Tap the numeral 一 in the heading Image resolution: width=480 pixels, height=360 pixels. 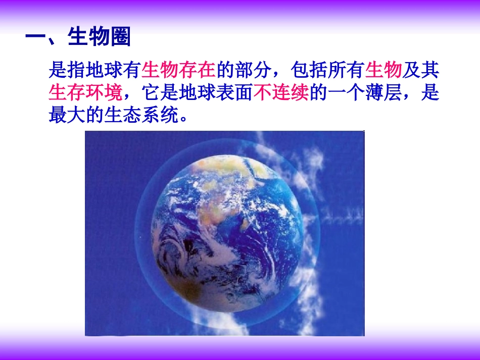[35, 37]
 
